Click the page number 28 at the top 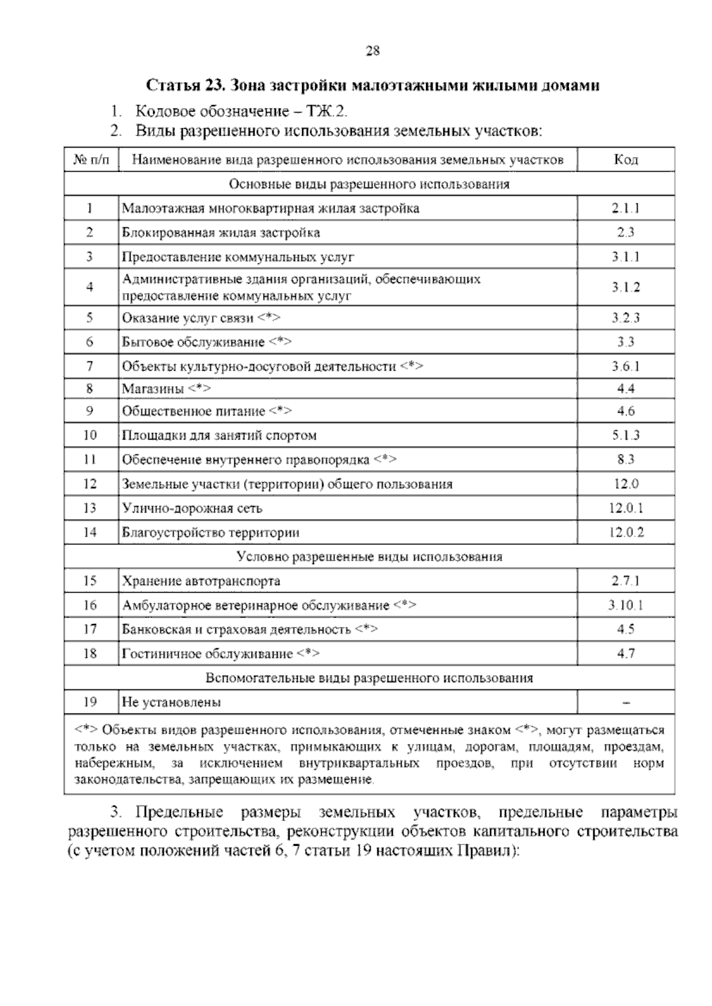(373, 51)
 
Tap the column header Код (625, 160)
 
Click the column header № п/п (91, 160)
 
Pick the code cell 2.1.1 (625, 208)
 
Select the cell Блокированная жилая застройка (221, 233)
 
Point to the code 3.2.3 (625, 318)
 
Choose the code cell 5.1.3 (625, 435)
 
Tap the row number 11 (90, 460)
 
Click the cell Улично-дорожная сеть (192, 508)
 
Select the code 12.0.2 (626, 533)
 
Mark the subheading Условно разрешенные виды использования (369, 557)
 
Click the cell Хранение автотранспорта (201, 581)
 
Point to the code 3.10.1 (625, 606)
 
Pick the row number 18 (90, 654)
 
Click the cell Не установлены (171, 702)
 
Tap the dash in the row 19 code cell (626, 703)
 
